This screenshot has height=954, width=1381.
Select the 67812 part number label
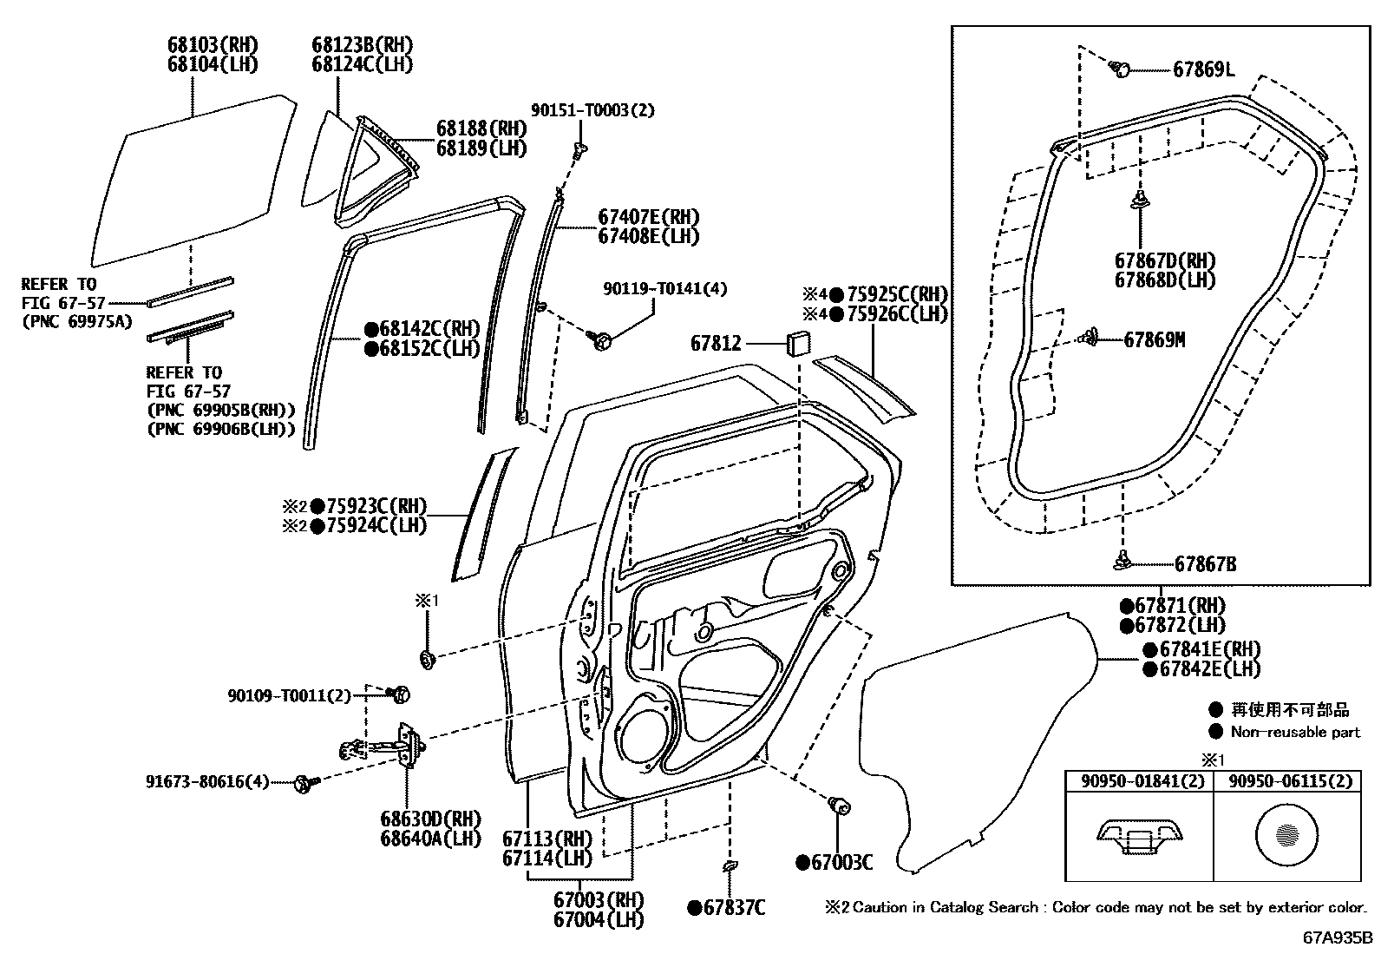[716, 343]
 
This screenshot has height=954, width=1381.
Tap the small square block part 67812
[798, 342]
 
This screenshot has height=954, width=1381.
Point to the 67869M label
[1154, 339]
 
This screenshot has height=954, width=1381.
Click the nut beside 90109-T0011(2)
[400, 694]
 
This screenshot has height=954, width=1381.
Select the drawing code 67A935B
[1337, 938]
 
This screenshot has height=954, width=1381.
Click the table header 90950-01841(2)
[1137, 781]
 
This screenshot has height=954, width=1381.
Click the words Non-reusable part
[1295, 732]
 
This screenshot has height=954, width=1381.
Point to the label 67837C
[734, 908]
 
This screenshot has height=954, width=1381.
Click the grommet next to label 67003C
[839, 806]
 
